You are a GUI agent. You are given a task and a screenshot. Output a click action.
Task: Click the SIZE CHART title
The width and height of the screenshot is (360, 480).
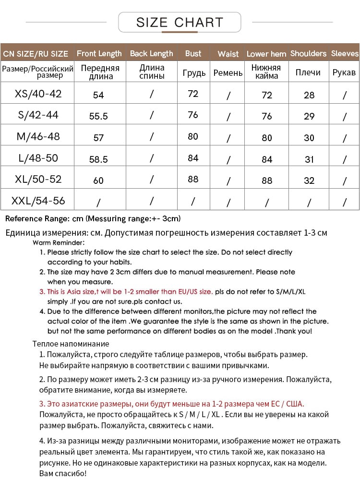click(180, 22)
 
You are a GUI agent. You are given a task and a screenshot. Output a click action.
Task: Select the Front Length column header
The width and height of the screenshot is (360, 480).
click(99, 53)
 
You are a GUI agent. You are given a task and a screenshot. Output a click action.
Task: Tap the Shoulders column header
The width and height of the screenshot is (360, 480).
click(308, 53)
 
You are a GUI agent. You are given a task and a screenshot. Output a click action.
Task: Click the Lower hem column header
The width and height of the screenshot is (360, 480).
click(266, 54)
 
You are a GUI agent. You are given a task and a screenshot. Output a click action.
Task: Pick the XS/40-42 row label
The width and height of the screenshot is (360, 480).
click(38, 94)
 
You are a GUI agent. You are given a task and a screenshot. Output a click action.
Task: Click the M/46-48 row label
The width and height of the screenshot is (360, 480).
click(38, 136)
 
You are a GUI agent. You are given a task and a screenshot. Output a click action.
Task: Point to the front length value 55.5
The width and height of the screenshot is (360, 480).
click(98, 116)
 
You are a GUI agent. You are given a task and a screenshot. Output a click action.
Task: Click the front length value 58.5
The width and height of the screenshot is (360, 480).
click(98, 159)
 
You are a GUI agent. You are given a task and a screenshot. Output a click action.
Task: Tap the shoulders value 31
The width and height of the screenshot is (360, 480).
click(309, 159)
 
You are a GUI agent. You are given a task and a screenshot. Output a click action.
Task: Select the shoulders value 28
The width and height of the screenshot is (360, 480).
click(309, 95)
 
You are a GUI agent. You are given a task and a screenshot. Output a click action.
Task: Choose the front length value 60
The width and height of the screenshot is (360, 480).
click(98, 180)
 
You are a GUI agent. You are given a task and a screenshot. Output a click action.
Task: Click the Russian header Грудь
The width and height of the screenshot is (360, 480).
click(194, 73)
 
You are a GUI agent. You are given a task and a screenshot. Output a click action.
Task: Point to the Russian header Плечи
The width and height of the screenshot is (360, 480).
click(308, 72)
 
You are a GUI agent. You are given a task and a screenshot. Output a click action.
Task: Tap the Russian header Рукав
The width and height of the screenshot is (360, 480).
click(344, 72)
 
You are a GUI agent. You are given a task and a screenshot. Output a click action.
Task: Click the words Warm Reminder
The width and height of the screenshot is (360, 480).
click(59, 243)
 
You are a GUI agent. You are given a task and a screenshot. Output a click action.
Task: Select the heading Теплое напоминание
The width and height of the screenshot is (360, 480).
click(71, 344)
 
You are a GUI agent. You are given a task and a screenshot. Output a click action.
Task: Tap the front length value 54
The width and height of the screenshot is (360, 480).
click(98, 95)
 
